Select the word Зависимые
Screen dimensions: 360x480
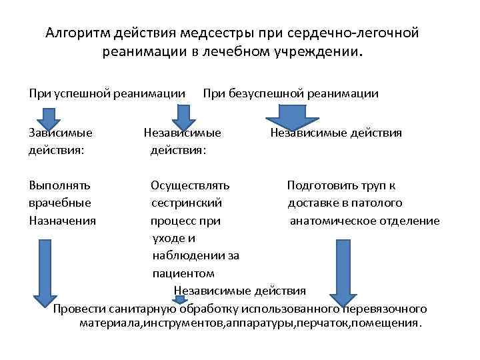pyautogui.click(x=60, y=133)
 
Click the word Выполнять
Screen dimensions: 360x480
pyautogui.click(x=59, y=185)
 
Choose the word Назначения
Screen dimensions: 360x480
pyautogui.click(x=62, y=220)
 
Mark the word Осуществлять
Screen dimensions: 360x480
pyautogui.click(x=190, y=185)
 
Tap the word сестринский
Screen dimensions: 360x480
pyautogui.click(x=187, y=203)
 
